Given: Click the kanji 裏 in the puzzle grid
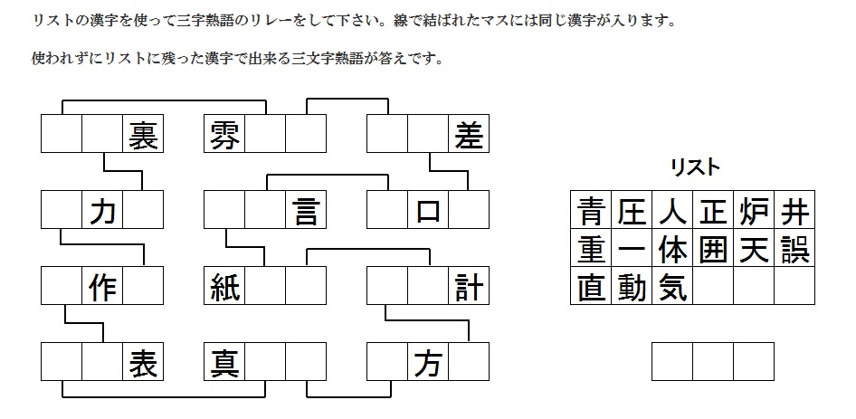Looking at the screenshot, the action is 143,134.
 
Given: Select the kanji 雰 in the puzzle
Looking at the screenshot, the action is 224,134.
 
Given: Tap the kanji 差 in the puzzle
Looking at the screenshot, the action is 469,134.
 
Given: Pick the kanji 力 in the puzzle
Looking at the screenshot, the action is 102,210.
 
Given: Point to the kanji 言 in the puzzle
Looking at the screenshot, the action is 306,210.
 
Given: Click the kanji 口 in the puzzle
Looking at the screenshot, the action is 428,211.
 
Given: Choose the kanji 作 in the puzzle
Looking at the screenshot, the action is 102,286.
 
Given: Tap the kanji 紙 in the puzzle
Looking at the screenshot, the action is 224,286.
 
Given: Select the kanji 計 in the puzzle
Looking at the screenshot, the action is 469,286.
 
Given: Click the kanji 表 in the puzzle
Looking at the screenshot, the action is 143,362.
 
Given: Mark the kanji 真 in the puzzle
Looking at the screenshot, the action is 224,362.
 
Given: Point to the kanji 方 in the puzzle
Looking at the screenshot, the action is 428,362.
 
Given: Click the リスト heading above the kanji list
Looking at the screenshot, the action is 694,167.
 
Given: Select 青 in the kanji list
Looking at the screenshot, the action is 591,211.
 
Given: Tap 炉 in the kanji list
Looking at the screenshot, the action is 754,211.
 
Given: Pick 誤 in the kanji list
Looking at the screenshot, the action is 794,249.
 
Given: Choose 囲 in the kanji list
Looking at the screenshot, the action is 713,249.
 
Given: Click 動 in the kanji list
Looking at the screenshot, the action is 632,287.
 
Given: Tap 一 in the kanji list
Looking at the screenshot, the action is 632,250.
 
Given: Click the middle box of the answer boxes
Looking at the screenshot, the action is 713,362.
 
